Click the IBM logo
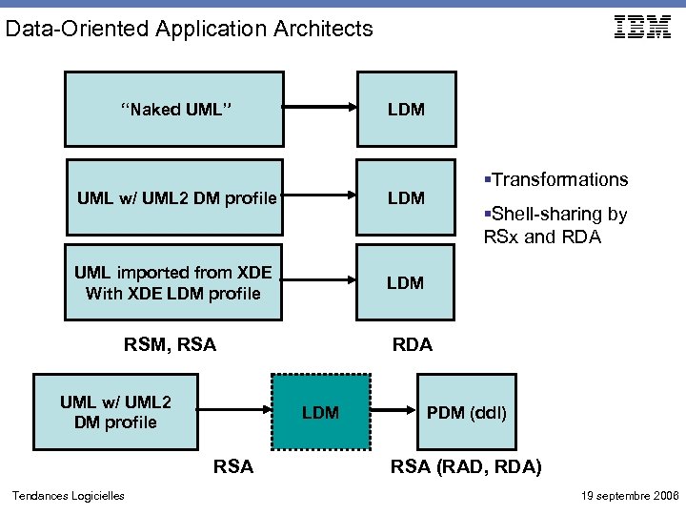pyautogui.click(x=642, y=28)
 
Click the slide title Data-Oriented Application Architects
pyautogui.click(x=189, y=29)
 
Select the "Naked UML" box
pyautogui.click(x=175, y=109)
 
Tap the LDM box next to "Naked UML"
pyautogui.click(x=406, y=109)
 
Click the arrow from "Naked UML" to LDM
pyautogui.click(x=320, y=107)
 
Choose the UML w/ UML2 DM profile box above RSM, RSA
pyautogui.click(x=175, y=197)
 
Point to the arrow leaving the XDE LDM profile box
pyautogui.click(x=320, y=281)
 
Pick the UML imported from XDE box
pyautogui.click(x=175, y=283)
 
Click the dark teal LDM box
pyautogui.click(x=320, y=412)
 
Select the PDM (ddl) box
pyautogui.click(x=466, y=412)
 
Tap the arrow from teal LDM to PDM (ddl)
pyautogui.click(x=392, y=412)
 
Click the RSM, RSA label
pyautogui.click(x=170, y=344)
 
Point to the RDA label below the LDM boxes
pyautogui.click(x=412, y=344)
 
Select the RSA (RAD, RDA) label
pyautogui.click(x=467, y=466)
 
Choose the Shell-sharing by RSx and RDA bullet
pyautogui.click(x=555, y=226)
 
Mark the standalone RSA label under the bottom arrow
pyautogui.click(x=233, y=466)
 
